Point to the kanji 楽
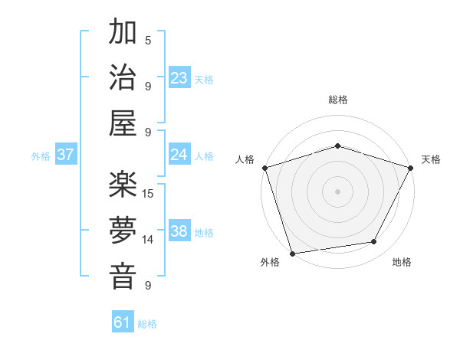[123, 185]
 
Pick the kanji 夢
[123, 231]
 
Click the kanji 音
[123, 276]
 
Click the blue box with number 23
[179, 77]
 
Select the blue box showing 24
[179, 155]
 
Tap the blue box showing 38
[179, 232]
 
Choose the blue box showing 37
[66, 155]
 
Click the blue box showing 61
[123, 322]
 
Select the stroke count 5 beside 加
[148, 40]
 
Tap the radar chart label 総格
[337, 100]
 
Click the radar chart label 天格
[431, 159]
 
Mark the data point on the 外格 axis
[293, 253]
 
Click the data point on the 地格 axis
[374, 242]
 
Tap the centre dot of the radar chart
[337, 191]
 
